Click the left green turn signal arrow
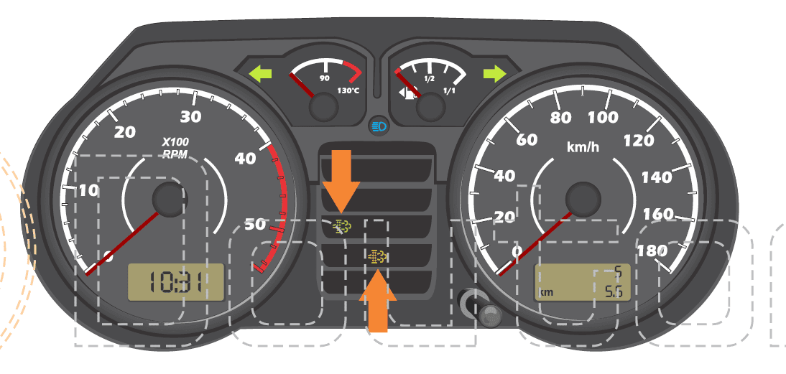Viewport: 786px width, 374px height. tap(261, 74)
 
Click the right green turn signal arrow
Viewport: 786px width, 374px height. tap(495, 73)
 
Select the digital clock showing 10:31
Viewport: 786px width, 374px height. tap(175, 282)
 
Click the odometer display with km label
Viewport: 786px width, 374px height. tap(583, 282)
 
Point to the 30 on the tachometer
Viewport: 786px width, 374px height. tap(190, 117)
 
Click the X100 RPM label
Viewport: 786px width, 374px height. tap(175, 148)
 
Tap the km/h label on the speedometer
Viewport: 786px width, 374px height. tap(583, 146)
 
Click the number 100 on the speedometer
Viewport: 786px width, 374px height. tap(603, 118)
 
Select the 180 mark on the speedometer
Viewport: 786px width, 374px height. tap(652, 251)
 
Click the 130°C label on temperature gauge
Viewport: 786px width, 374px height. tap(348, 90)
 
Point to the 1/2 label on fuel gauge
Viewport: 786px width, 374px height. tap(429, 79)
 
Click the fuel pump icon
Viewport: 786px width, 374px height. tap(408, 93)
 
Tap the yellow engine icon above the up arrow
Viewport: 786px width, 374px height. tap(377, 257)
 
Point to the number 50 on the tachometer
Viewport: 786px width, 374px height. tap(255, 225)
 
